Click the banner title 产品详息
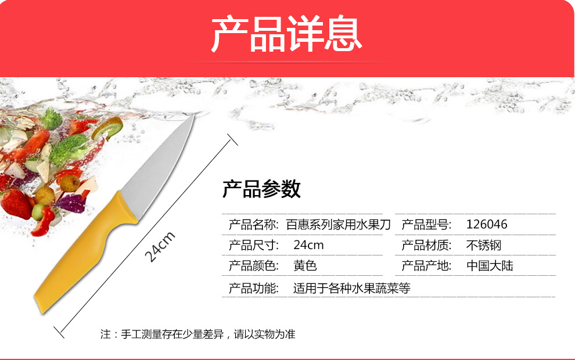(x=286, y=34)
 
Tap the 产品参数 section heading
(x=261, y=189)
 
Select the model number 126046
(x=487, y=224)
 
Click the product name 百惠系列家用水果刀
(x=339, y=224)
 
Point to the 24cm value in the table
(x=308, y=245)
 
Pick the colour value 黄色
(x=305, y=265)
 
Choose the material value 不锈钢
(x=484, y=245)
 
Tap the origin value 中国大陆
(x=490, y=265)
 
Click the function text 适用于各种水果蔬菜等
(x=351, y=288)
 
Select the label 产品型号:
(x=426, y=224)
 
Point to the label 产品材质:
(x=426, y=245)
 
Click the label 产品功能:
(x=254, y=288)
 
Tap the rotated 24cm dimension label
(x=160, y=247)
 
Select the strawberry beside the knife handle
(x=16, y=203)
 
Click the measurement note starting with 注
(x=198, y=334)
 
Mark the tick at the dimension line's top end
(x=232, y=140)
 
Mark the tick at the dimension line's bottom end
(x=59, y=332)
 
